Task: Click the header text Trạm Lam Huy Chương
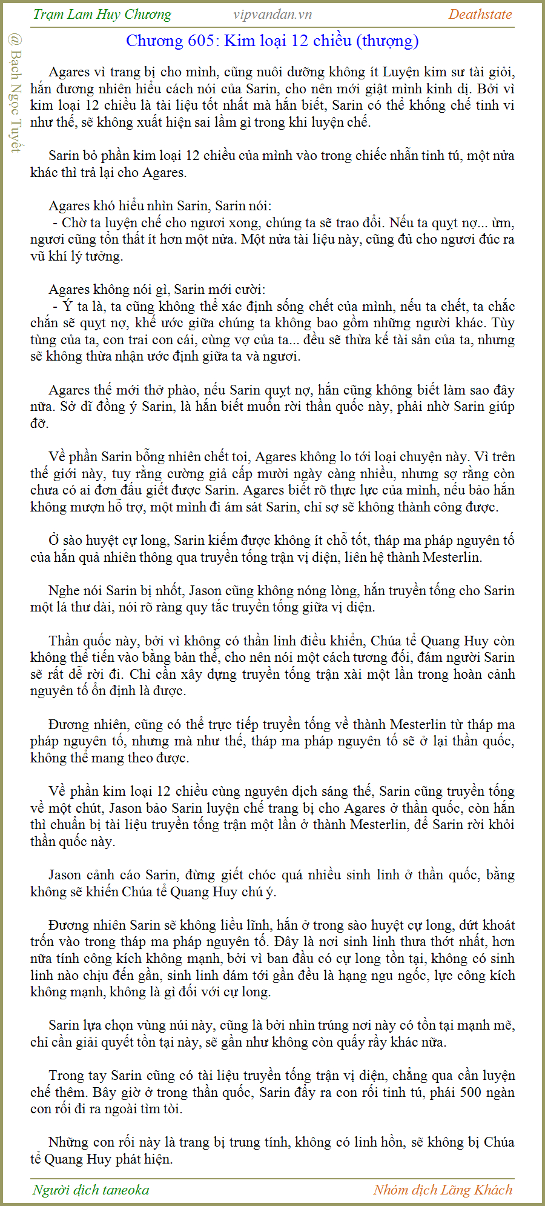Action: point(102,15)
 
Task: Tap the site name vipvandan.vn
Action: point(272,15)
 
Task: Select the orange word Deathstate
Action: point(480,15)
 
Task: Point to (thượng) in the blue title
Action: point(387,41)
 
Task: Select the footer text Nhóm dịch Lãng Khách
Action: point(442,1190)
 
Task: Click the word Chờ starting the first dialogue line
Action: point(74,223)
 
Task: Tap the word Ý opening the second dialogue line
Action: point(67,307)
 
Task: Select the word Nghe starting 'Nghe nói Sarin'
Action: point(64,591)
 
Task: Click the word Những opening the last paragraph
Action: point(68,1142)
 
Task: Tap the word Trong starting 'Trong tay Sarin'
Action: point(66,1076)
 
